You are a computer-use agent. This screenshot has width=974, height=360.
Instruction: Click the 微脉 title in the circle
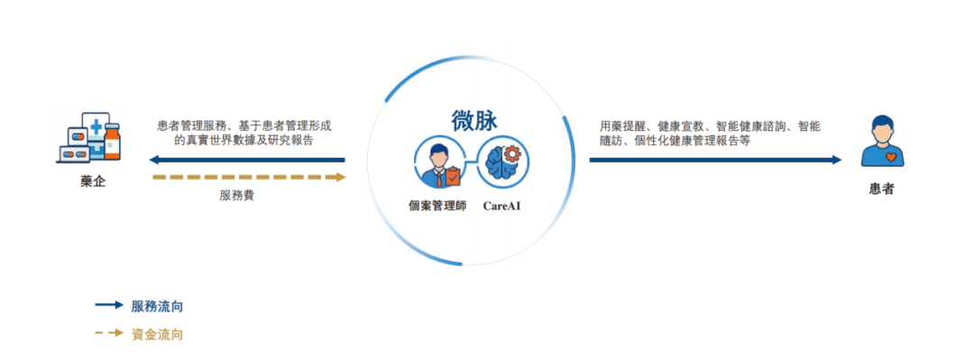click(474, 121)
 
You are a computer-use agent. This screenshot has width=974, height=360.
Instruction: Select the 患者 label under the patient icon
click(881, 189)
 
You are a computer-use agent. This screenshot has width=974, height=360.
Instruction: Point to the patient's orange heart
click(891, 157)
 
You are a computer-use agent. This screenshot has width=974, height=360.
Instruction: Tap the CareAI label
click(502, 205)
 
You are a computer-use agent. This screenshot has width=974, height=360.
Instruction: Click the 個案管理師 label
click(437, 206)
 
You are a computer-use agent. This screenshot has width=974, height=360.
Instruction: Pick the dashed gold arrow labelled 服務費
click(249, 177)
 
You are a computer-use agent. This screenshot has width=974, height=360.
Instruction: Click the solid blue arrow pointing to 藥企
click(247, 160)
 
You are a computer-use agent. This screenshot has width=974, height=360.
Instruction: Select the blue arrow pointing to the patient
click(715, 160)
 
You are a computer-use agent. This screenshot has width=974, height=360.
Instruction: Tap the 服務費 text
click(236, 195)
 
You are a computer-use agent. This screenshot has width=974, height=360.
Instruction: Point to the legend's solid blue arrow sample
click(109, 305)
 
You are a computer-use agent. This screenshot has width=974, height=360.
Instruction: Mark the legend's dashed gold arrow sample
click(109, 333)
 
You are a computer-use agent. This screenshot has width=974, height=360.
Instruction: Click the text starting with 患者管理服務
click(244, 133)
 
